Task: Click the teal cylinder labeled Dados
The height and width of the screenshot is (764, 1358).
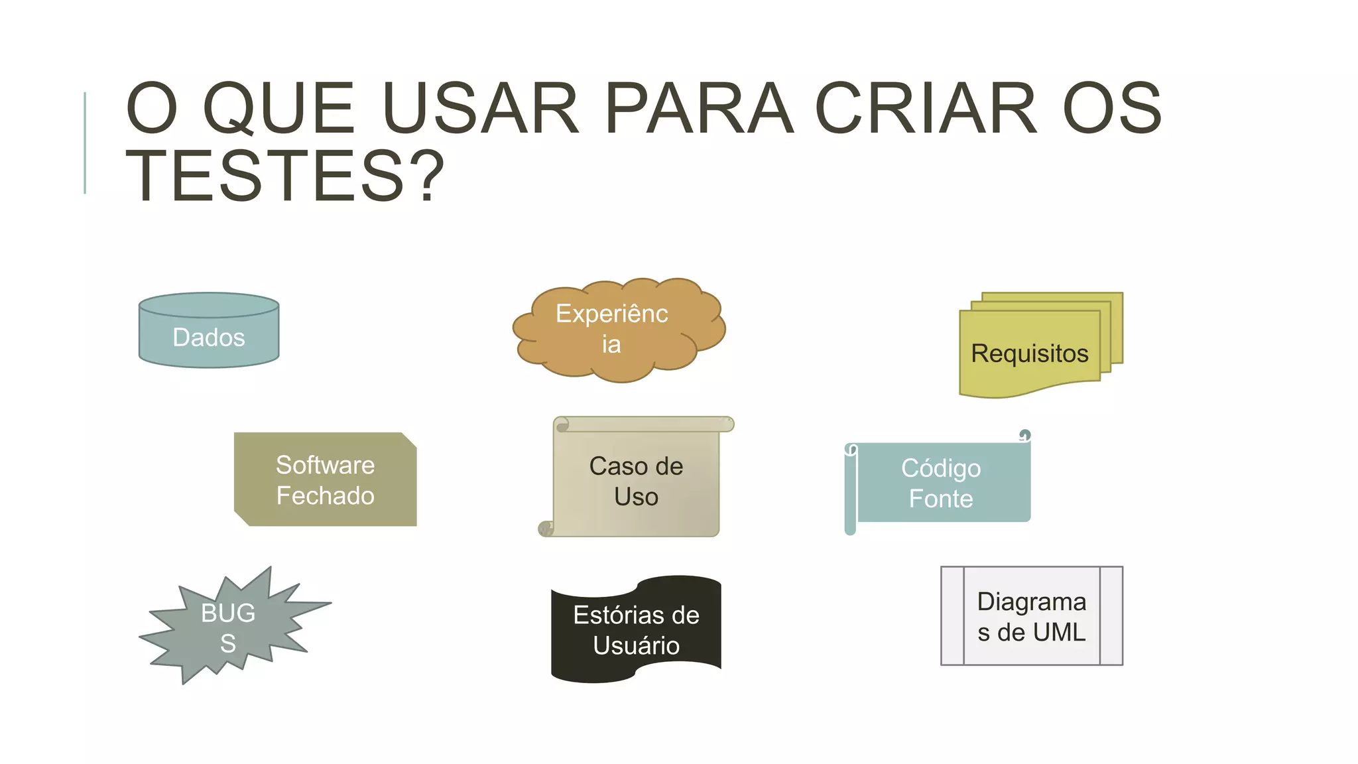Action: (x=209, y=338)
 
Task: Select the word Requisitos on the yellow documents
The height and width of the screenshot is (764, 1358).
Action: (x=1029, y=353)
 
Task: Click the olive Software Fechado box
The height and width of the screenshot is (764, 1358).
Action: (x=325, y=479)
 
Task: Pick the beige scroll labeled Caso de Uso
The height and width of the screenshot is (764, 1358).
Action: (x=636, y=481)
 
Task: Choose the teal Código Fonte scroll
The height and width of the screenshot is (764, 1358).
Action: (x=940, y=483)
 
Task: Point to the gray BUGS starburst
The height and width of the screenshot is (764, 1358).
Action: (x=229, y=627)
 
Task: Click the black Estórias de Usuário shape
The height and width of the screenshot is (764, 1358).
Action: (x=636, y=630)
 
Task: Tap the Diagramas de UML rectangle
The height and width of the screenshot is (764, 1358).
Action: (x=1031, y=616)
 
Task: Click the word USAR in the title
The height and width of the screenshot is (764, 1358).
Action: (x=481, y=108)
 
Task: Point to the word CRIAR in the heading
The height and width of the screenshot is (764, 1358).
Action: (x=926, y=108)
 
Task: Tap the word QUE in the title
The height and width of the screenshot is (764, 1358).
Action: (x=279, y=108)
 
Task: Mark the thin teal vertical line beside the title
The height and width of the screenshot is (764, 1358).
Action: (x=85, y=143)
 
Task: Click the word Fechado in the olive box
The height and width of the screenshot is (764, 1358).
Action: (x=325, y=495)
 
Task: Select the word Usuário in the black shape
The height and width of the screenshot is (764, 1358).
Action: (x=636, y=645)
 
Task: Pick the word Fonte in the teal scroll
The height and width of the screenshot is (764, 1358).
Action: (x=940, y=499)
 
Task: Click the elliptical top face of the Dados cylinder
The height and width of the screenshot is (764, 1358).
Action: (x=209, y=305)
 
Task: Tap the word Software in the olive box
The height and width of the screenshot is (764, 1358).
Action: (x=325, y=465)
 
